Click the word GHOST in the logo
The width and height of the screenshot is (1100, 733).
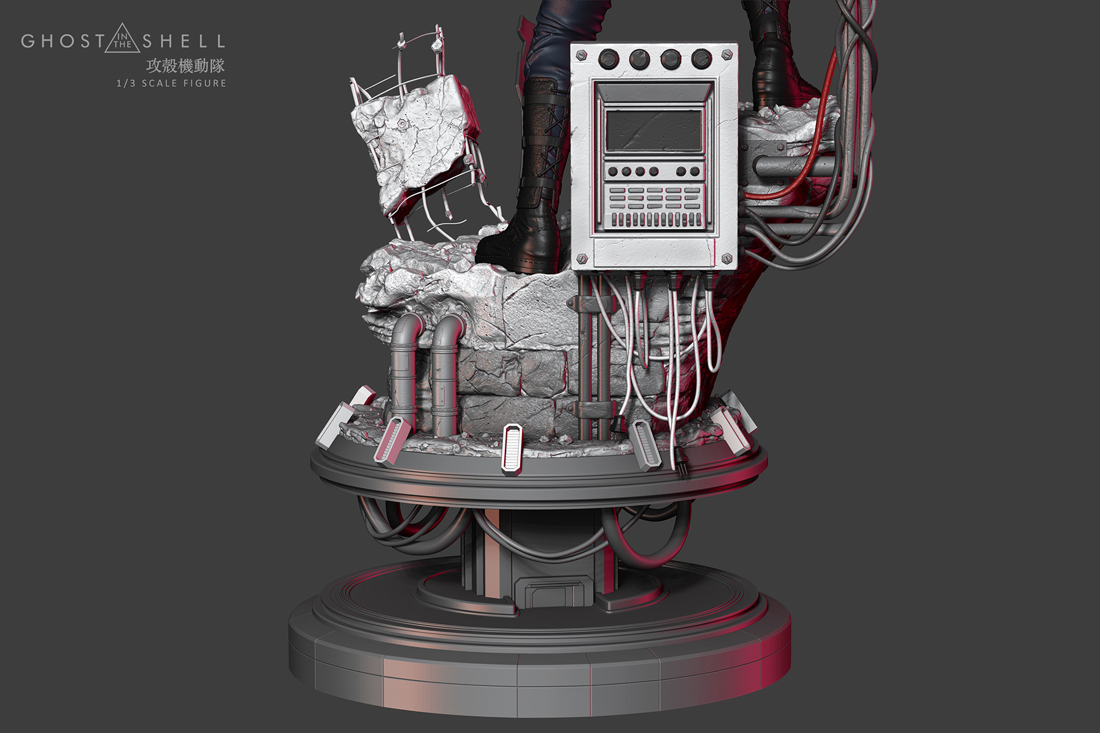63,41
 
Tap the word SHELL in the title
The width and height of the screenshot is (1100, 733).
183,41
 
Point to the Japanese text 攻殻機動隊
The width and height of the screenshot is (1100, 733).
185,65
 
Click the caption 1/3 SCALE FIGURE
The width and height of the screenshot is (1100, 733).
171,83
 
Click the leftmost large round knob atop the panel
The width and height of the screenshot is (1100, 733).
608,59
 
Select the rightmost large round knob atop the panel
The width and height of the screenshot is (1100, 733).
702,59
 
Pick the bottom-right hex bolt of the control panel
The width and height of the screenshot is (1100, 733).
727,258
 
